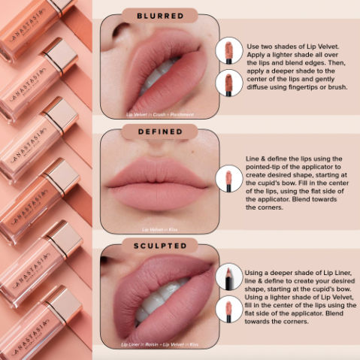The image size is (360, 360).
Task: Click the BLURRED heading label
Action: tap(159, 14)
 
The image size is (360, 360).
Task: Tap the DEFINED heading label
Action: tap(159, 132)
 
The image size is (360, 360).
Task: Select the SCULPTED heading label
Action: tap(159, 246)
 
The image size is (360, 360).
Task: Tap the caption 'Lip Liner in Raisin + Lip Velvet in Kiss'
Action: tap(160, 344)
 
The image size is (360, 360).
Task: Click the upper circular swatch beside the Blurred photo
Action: tap(228, 50)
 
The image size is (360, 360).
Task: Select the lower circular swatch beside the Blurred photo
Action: tap(228, 82)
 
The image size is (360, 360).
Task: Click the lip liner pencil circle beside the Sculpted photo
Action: tap(228, 277)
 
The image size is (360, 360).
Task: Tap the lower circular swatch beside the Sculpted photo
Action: tap(228, 309)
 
